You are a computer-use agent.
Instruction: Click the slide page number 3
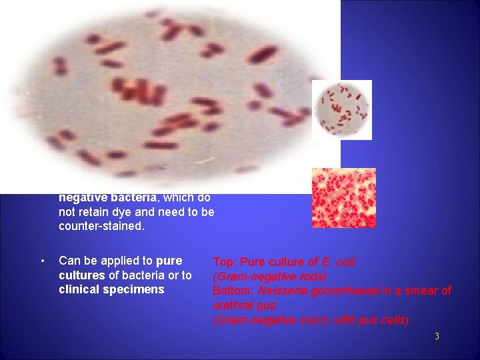click(437, 337)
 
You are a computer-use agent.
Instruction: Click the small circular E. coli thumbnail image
click(342, 109)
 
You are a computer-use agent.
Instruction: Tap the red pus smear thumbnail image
click(344, 198)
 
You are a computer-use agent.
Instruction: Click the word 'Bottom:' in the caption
click(233, 291)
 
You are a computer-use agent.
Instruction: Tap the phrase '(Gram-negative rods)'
click(269, 276)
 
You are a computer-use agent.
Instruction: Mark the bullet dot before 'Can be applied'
click(42, 261)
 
